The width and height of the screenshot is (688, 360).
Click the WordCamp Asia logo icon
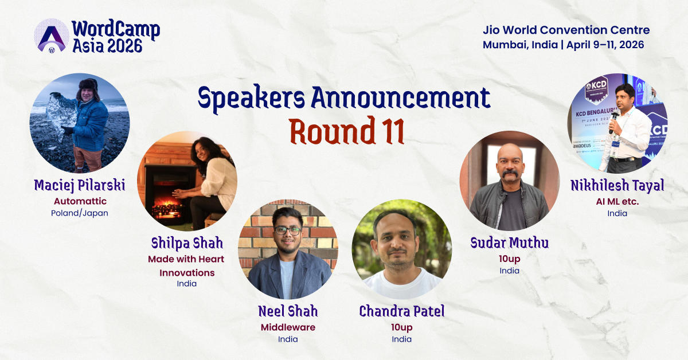pos(52,36)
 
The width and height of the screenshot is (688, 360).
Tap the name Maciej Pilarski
pos(79,186)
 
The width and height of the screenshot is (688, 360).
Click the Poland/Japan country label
pos(79,213)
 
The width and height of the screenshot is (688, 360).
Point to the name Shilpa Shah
pos(186,243)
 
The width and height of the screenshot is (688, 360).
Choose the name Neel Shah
pos(288,311)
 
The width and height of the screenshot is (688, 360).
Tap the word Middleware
pos(288,327)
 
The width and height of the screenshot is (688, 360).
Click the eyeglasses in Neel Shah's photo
pos(287,230)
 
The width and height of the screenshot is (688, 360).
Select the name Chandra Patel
pos(401,311)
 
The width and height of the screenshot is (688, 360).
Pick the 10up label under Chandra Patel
pos(401,327)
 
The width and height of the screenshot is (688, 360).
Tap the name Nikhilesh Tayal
pos(617,186)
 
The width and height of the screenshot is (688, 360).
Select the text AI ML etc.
pos(617,201)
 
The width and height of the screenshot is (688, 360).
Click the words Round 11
pos(347,131)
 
